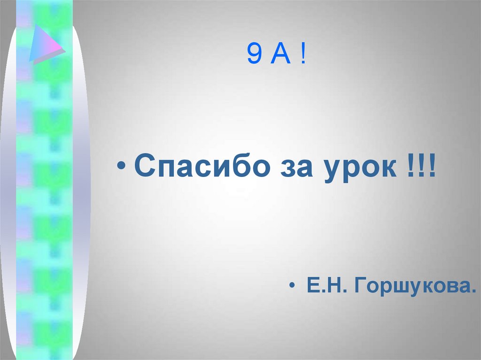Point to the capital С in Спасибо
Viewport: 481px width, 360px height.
click(x=143, y=167)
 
